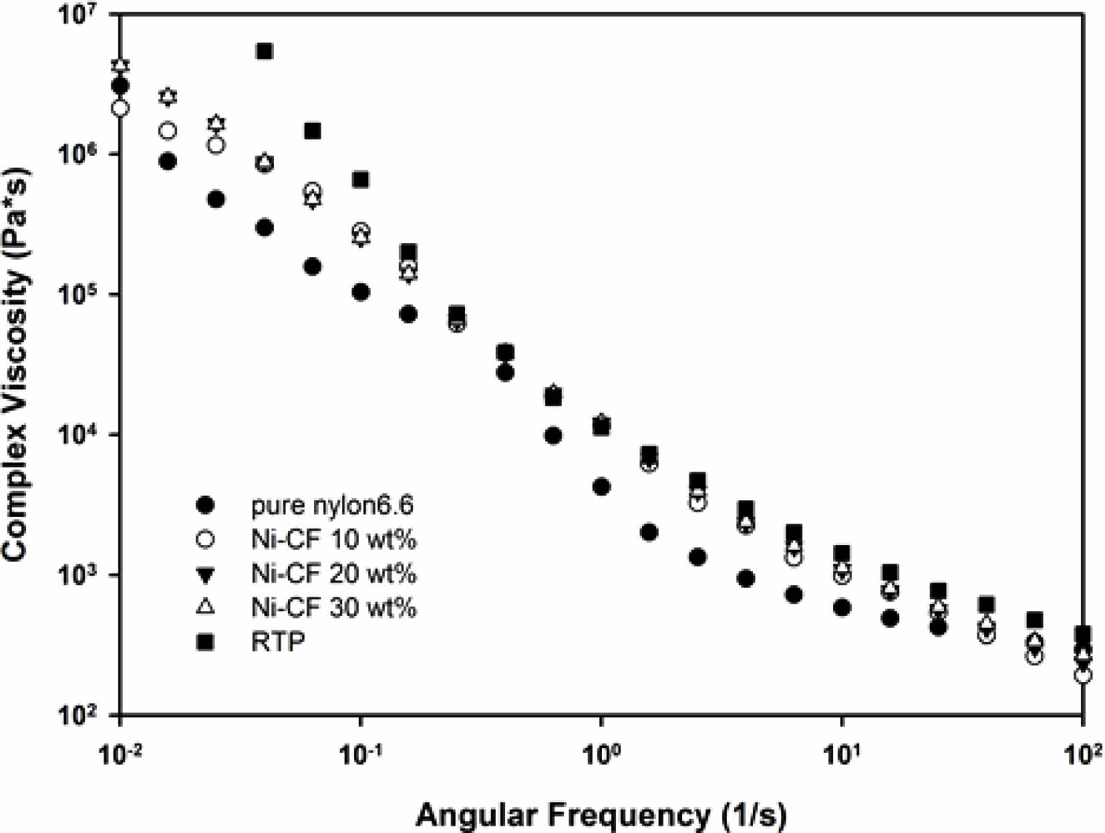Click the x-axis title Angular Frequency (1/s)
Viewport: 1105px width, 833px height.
(x=601, y=815)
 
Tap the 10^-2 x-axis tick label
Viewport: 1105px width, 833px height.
(x=120, y=756)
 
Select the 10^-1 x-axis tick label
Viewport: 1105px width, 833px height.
(x=361, y=756)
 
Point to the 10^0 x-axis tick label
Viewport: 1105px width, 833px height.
(x=601, y=756)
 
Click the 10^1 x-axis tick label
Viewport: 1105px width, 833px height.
(x=842, y=756)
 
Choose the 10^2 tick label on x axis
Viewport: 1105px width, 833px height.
(x=1082, y=756)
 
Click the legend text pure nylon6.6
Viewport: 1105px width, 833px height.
(x=332, y=506)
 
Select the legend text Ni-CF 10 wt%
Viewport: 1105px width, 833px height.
(x=333, y=539)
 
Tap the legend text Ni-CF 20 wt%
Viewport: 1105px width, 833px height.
(x=333, y=573)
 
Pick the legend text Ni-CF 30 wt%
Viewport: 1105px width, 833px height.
(x=333, y=607)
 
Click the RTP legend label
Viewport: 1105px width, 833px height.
(x=278, y=641)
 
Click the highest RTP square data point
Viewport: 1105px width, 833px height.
(x=265, y=51)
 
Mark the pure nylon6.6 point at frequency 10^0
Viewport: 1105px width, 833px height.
(x=601, y=487)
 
